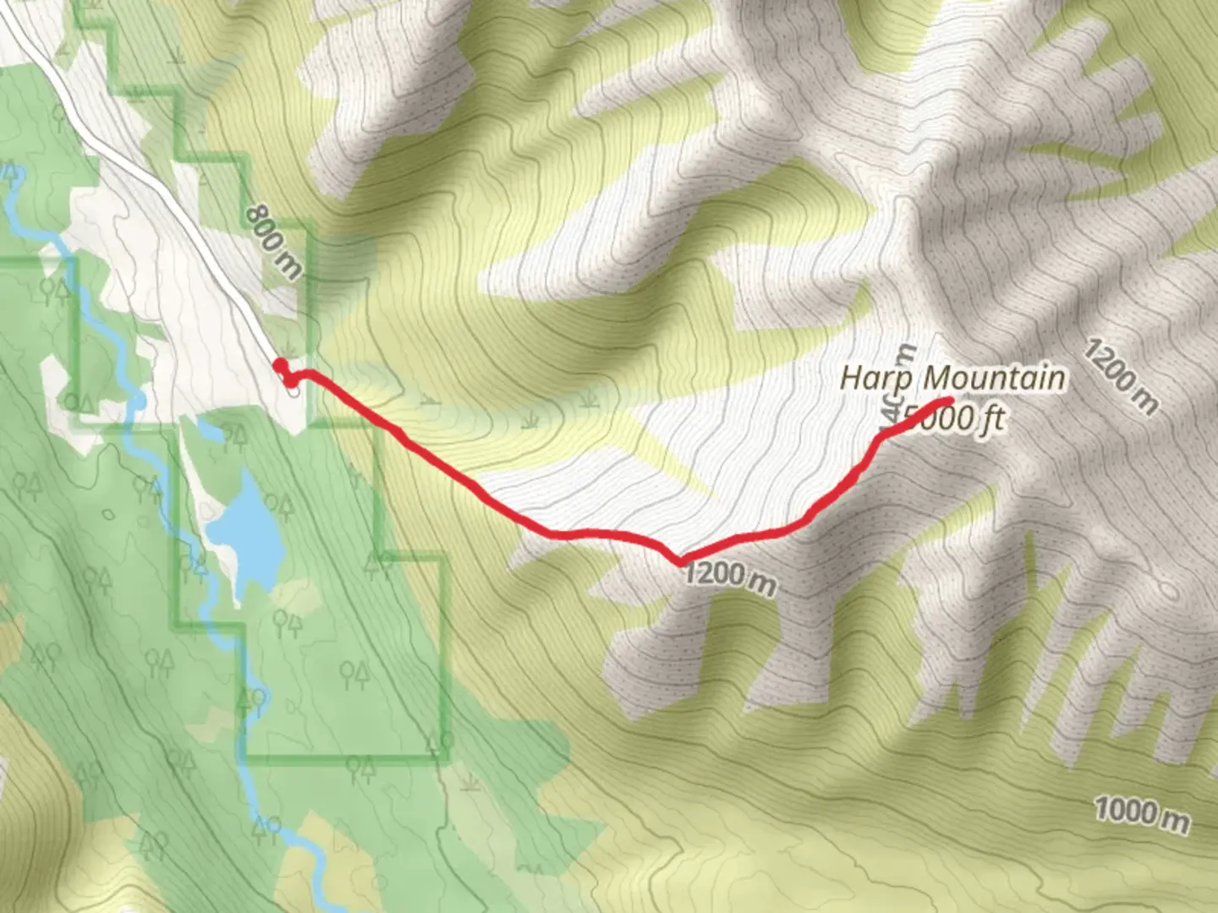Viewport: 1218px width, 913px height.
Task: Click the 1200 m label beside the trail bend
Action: click(x=729, y=577)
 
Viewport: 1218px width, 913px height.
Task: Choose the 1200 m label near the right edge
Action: click(x=1120, y=376)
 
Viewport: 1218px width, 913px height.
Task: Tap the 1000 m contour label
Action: click(x=1142, y=813)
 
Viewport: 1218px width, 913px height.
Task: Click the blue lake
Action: click(x=248, y=533)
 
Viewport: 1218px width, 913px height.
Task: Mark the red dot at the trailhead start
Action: click(x=279, y=365)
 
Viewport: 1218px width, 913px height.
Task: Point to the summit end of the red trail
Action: click(x=950, y=400)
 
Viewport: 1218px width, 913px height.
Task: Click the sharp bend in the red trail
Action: click(x=679, y=560)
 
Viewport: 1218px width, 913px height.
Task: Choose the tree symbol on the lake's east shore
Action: click(x=279, y=507)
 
